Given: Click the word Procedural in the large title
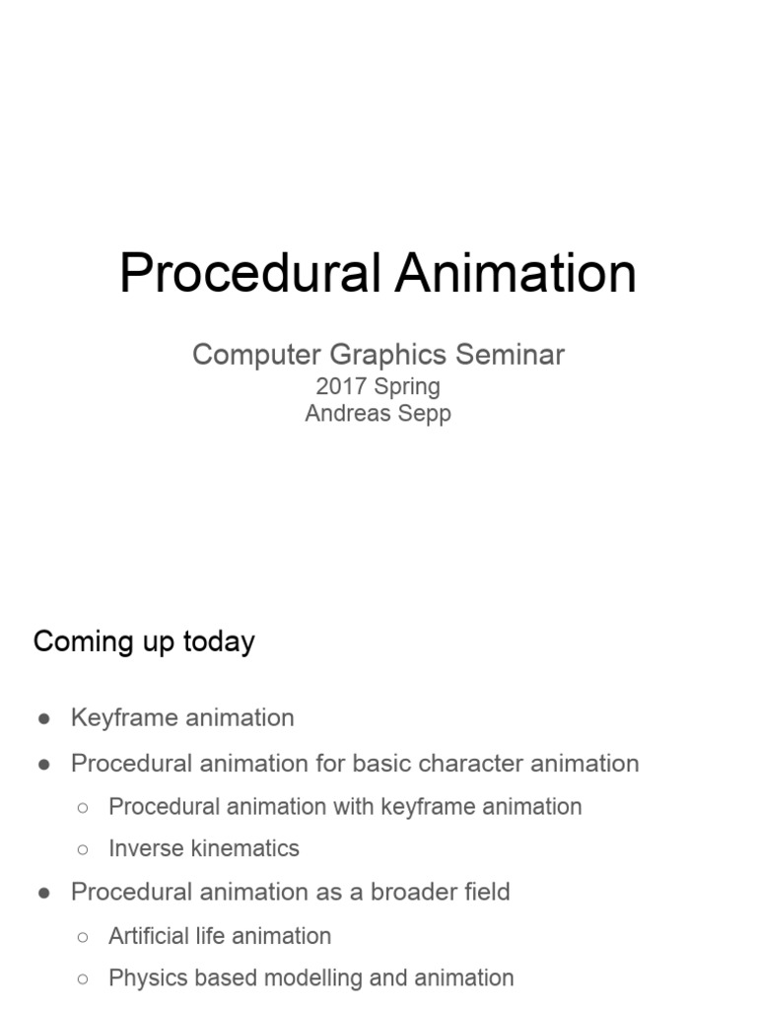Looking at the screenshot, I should [x=251, y=273].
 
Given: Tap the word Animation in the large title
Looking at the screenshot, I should [x=516, y=273].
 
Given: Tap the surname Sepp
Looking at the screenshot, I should [x=424, y=413].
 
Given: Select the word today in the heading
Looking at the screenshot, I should [x=219, y=641].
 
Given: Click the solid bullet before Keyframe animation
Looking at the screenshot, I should [x=44, y=719].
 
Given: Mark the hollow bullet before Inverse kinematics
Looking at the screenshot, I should [x=83, y=849].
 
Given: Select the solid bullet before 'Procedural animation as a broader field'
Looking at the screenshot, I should [x=44, y=894].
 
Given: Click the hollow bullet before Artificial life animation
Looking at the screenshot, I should [x=83, y=937].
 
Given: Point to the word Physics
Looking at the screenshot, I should [x=146, y=978].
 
